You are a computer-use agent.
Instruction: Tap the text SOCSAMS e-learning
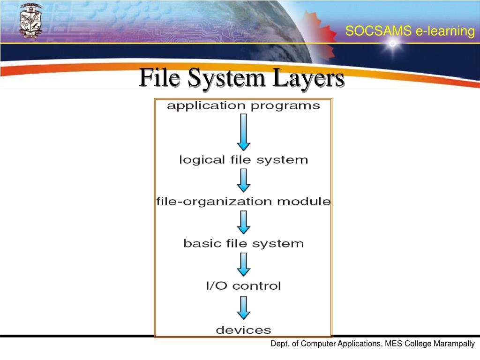tap(410, 31)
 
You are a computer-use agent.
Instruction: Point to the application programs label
tap(243, 106)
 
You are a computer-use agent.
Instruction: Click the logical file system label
tap(243, 160)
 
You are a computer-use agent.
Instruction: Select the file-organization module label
tap(243, 202)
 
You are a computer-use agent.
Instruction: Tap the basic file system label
tap(243, 244)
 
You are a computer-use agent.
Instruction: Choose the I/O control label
tap(243, 285)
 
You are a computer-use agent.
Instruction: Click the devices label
tap(243, 330)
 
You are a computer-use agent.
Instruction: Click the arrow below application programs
tap(244, 132)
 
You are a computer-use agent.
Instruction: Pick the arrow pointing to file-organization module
tap(244, 180)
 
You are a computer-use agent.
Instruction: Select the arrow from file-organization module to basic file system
tap(244, 222)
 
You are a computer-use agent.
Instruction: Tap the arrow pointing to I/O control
tap(244, 264)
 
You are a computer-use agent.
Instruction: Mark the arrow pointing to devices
tap(244, 307)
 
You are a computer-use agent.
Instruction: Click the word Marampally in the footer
tap(454, 344)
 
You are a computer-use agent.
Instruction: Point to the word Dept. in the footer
tap(279, 344)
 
